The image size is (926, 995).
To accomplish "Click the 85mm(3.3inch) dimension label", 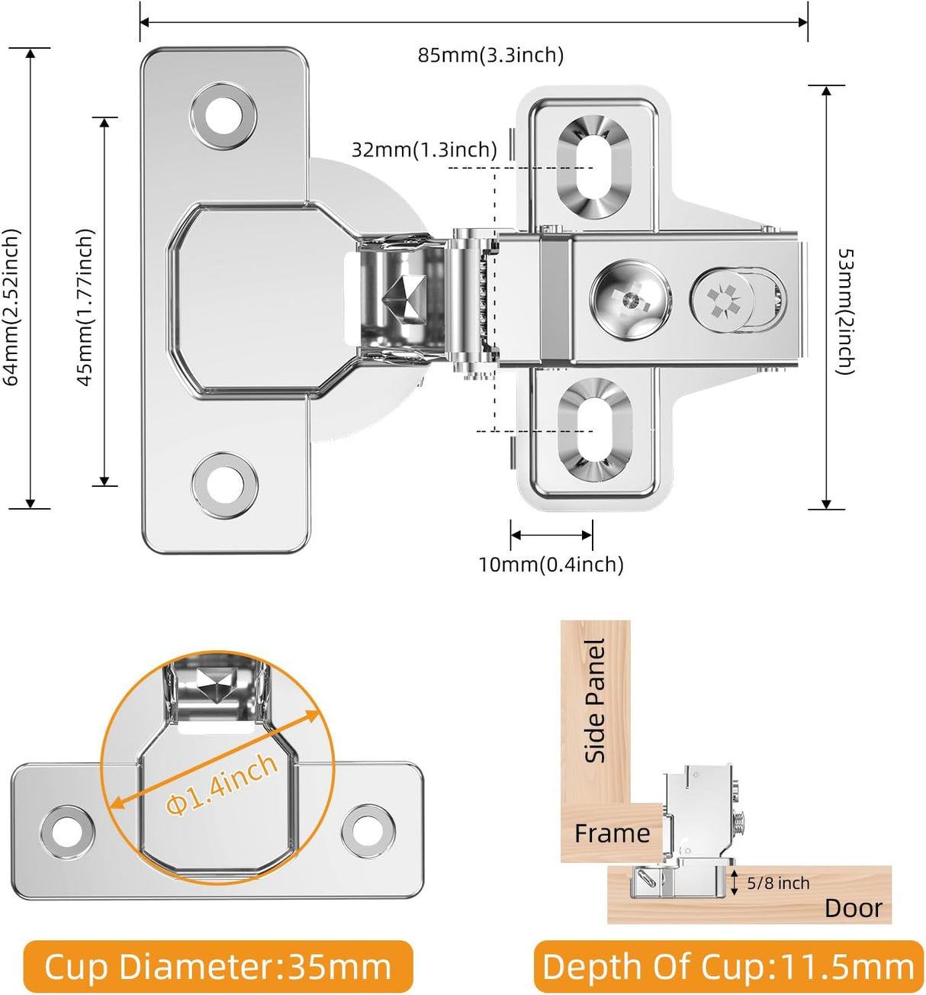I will (490, 55).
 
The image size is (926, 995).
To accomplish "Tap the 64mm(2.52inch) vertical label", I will (11, 308).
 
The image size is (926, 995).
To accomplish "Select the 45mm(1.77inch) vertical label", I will (85, 308).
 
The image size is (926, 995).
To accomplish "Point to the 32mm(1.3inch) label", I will (424, 150).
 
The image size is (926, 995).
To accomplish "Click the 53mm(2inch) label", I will (845, 311).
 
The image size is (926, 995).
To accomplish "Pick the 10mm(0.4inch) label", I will (551, 565).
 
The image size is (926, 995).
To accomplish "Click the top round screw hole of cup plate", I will (223, 118).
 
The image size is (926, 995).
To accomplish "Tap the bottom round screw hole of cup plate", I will (224, 486).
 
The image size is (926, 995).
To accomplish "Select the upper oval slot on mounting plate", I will (593, 168).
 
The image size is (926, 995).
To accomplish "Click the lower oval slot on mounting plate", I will (594, 430).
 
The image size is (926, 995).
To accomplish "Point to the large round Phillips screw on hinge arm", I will (631, 299).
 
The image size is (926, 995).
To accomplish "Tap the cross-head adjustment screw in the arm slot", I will (723, 300).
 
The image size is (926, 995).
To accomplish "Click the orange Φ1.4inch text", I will (222, 784).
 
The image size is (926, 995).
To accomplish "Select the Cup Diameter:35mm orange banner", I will (218, 967).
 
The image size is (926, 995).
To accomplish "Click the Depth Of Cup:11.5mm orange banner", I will (728, 967).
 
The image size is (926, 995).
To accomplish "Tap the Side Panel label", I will (595, 700).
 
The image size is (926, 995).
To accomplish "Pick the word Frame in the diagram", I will (612, 833).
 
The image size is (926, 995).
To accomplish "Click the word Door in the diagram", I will (853, 908).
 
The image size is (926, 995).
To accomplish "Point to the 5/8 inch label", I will (777, 883).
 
